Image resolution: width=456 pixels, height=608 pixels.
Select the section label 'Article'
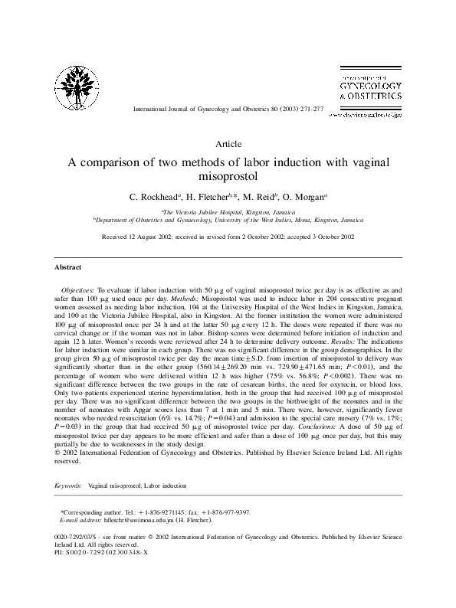pos(228,143)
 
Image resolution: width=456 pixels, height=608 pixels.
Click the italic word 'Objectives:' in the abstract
pos(77,293)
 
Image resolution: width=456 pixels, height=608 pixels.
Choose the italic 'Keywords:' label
pos(68,486)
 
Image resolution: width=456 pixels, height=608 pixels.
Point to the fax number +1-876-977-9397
pos(222,512)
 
